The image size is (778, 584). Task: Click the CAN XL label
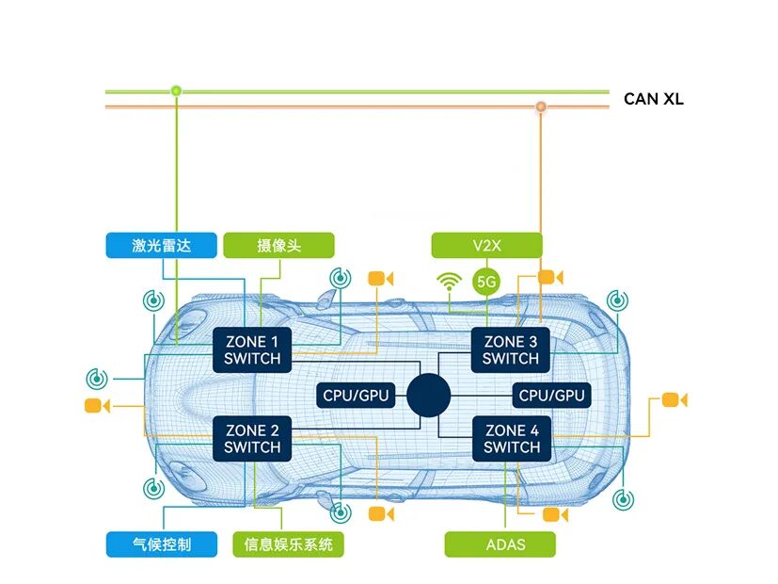[653, 99]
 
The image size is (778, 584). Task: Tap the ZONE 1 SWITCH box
[252, 349]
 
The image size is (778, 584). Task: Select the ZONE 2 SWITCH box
[252, 438]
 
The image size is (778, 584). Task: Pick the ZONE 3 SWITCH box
[511, 349]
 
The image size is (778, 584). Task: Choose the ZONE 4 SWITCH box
[512, 438]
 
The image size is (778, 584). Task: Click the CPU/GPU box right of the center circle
[551, 396]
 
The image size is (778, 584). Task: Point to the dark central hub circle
[428, 394]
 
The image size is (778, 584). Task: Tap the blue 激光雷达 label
[161, 246]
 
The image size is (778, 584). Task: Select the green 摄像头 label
[278, 246]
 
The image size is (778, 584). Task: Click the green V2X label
[486, 246]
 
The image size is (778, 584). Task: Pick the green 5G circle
[486, 281]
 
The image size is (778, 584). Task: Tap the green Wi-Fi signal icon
[449, 280]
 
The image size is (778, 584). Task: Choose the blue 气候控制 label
[161, 544]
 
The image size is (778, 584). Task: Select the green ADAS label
[500, 544]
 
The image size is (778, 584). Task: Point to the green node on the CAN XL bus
[176, 90]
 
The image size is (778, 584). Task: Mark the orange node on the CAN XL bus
[541, 106]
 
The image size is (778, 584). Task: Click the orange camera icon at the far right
[674, 399]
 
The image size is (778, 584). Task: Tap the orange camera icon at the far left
[96, 406]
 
